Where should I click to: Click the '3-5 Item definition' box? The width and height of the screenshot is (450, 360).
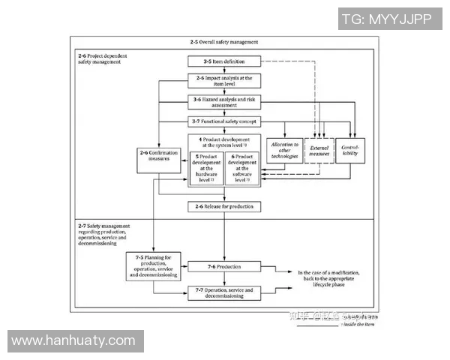pos(223,61)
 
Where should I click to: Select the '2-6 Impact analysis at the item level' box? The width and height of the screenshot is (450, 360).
pos(223,81)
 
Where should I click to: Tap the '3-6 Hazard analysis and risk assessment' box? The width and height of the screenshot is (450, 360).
pos(223,102)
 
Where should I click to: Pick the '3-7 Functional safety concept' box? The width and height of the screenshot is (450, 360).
pos(223,121)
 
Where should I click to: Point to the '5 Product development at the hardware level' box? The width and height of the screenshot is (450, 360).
pos(206,168)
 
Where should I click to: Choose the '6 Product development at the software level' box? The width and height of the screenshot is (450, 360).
pos(241,168)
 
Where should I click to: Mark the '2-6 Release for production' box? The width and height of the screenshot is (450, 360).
pos(223,206)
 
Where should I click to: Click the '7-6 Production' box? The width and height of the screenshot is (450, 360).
pos(223,266)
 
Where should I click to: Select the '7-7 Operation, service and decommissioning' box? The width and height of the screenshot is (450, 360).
pos(223,292)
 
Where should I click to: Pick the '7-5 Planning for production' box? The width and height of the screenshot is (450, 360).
pos(154,266)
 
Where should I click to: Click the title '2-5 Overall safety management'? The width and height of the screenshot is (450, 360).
pos(223,41)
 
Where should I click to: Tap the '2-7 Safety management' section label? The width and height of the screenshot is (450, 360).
pos(104,235)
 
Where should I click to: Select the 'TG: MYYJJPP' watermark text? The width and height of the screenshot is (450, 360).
pos(386,19)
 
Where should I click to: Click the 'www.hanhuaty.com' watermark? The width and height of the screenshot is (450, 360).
pos(73,341)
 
